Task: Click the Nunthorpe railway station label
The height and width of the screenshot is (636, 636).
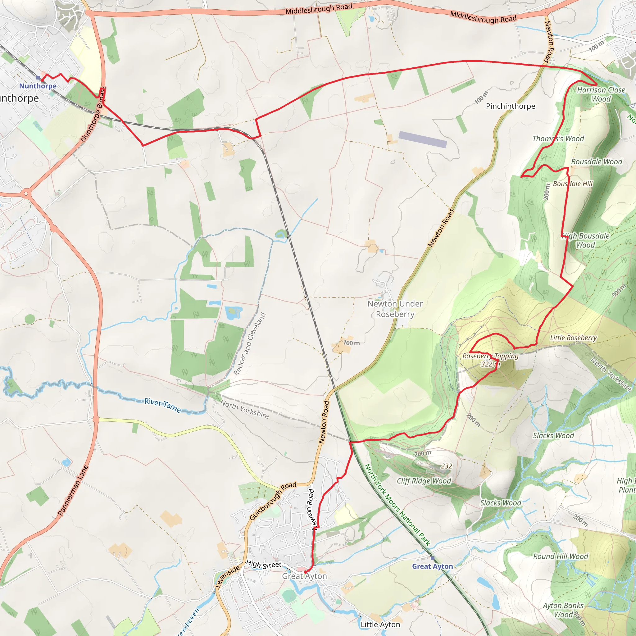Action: [x=38, y=86]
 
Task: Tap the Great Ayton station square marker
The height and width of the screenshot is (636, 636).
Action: [x=432, y=558]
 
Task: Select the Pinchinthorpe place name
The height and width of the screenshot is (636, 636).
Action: [x=510, y=106]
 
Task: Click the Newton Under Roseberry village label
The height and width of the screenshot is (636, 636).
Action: [x=395, y=309]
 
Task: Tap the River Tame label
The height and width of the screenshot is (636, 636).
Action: [x=163, y=405]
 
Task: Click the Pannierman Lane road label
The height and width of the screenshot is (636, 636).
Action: [x=73, y=490]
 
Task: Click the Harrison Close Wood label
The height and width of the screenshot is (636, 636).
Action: [x=601, y=94]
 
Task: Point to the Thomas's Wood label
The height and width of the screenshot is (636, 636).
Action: [x=558, y=139]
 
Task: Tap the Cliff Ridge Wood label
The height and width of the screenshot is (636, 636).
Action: [x=424, y=481]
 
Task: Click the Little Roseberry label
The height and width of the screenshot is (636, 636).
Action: [x=573, y=338]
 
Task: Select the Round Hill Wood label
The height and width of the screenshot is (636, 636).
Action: [x=560, y=556]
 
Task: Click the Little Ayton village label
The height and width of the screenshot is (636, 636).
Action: [x=380, y=625]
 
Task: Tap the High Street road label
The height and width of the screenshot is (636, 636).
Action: [x=264, y=564]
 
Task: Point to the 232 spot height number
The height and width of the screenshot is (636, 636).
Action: [x=446, y=466]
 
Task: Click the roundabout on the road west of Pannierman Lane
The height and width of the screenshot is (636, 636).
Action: [x=26, y=194]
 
